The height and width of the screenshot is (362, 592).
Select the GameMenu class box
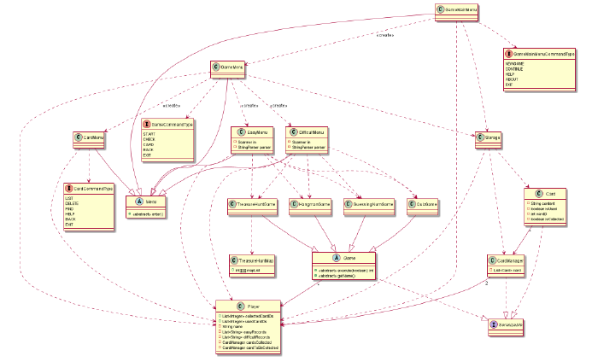click(x=231, y=66)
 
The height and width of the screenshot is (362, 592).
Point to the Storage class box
click(x=487, y=138)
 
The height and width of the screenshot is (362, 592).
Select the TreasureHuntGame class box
click(x=255, y=205)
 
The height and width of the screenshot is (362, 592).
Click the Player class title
click(x=249, y=306)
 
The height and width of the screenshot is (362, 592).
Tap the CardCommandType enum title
click(x=91, y=188)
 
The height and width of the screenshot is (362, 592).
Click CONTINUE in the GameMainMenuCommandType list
click(x=516, y=69)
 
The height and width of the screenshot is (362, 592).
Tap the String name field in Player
click(x=232, y=325)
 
